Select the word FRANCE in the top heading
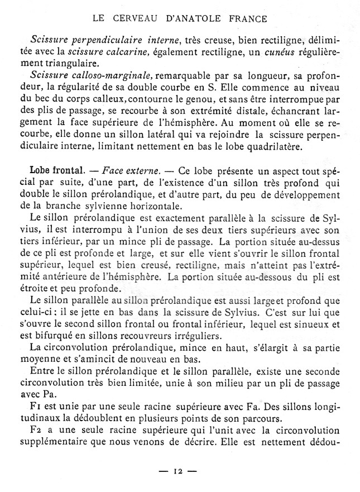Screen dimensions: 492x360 pos(246,18)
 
